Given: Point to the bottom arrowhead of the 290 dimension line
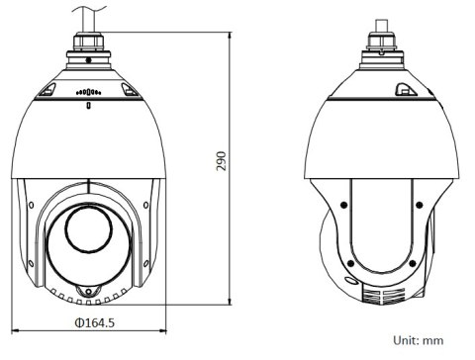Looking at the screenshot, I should pos(232,301).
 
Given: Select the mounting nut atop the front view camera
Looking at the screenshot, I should pos(87,44).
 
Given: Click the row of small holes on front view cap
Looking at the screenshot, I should pos(87,92).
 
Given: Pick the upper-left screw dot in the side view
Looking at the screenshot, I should pos(340,205).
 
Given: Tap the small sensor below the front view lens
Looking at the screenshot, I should pos(87,291).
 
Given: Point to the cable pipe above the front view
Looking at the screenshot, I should pos(87,14).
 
